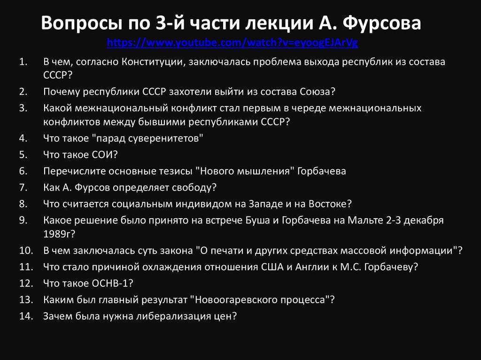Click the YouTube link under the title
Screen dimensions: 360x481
point(233,43)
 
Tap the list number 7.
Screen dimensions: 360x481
point(24,187)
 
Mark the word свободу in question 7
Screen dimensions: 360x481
point(194,187)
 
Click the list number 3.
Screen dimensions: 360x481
point(24,108)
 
